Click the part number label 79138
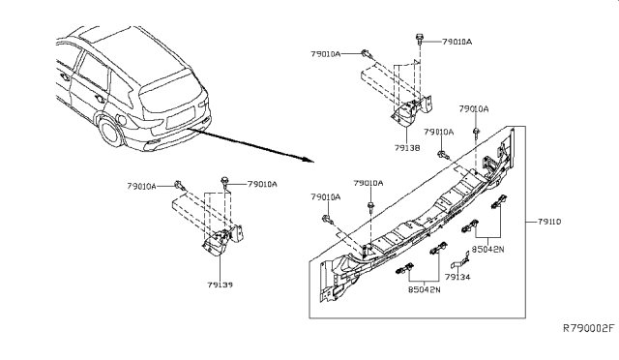[x=406, y=148]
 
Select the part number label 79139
[x=220, y=285]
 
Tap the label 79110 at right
[x=549, y=222]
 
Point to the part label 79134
[x=457, y=277]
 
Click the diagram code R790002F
[x=589, y=328]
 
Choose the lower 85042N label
[x=424, y=289]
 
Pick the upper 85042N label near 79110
[x=487, y=250]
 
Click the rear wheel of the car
[x=109, y=130]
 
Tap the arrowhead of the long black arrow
[x=309, y=160]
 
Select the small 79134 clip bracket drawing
[x=460, y=261]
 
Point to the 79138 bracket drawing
[x=412, y=110]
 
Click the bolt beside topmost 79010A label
[x=419, y=40]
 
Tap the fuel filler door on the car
[x=122, y=119]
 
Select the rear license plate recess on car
[x=181, y=117]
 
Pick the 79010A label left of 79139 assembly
[x=142, y=186]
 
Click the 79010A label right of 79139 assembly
[x=262, y=184]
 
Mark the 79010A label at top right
[x=457, y=42]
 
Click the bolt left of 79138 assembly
[x=367, y=54]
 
